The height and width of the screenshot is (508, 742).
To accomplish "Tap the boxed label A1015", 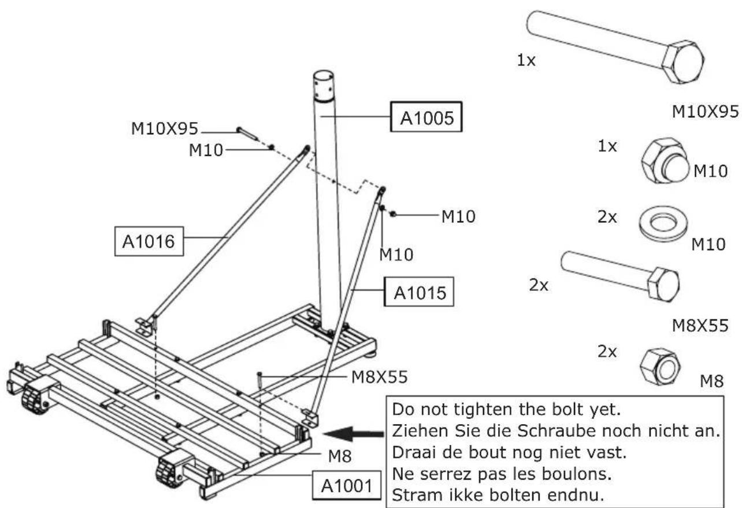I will tap(420, 293).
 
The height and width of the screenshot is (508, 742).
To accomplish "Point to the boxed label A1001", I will tap(347, 485).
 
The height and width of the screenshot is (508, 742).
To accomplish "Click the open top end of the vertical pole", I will tap(324, 78).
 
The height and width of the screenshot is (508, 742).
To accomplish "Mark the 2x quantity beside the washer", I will tap(607, 218).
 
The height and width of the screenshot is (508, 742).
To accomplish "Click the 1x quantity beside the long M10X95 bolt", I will tap(526, 61).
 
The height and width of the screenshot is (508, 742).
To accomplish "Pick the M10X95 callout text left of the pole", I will tap(165, 128).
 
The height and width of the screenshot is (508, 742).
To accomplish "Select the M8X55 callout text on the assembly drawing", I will tap(379, 377).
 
